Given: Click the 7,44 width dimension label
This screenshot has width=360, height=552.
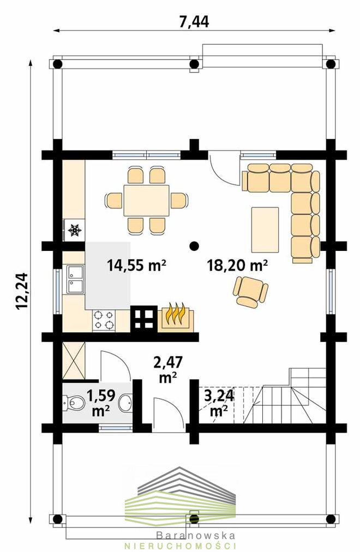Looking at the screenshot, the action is [x=194, y=21].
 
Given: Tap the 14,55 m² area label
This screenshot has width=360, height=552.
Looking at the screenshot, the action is [x=136, y=265].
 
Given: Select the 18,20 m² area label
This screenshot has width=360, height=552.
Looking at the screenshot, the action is [x=237, y=265].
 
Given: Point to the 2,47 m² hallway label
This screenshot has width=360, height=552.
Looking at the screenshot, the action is [x=168, y=369].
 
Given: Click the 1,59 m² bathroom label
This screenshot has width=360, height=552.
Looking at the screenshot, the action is [x=101, y=403].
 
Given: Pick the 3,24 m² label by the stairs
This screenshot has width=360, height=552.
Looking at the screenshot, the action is [x=219, y=403].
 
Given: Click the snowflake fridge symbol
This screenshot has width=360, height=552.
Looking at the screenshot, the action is [x=75, y=230].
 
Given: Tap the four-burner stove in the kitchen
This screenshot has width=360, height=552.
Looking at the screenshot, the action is [x=104, y=320].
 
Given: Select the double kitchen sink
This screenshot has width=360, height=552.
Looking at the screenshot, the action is [x=75, y=279].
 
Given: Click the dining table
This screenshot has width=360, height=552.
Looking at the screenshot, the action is [x=146, y=200].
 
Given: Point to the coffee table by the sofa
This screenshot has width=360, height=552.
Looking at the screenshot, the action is [x=265, y=230].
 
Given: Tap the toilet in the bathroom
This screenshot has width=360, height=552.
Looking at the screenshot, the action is [x=74, y=403].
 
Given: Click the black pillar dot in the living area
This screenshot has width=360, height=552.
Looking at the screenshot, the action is [x=193, y=245].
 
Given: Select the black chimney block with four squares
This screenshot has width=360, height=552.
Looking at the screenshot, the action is [x=144, y=319].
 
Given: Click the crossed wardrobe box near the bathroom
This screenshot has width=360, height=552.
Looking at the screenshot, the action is [x=74, y=361].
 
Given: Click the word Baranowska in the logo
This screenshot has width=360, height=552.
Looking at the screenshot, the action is [x=196, y=536].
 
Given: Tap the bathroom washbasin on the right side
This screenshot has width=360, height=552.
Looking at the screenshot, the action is [x=125, y=403].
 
